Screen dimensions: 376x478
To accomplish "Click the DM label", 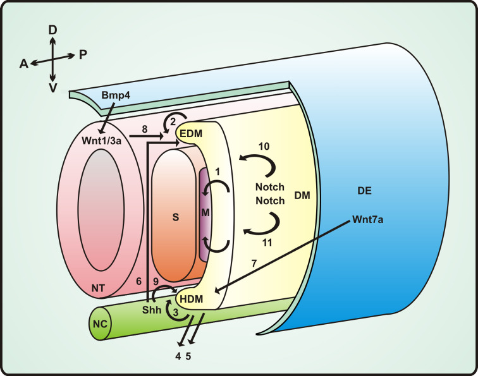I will (302, 196).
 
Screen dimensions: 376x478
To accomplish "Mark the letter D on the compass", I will (53, 29).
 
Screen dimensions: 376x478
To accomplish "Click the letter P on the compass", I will (83, 54).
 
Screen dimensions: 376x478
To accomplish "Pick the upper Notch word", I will (269, 187).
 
